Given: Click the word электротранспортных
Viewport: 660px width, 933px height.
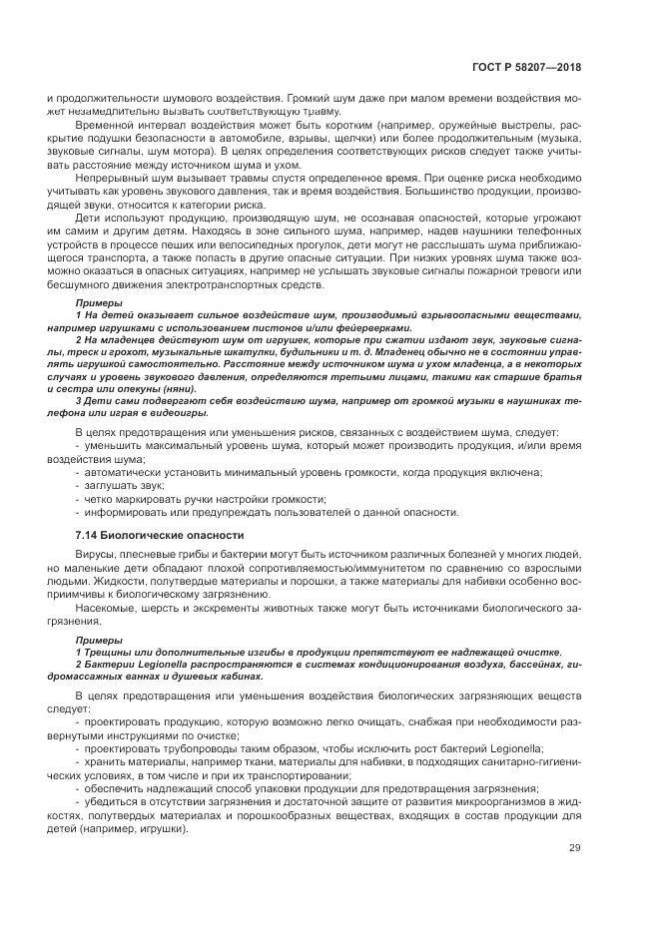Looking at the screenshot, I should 209,284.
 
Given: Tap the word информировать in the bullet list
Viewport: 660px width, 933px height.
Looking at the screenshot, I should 125,511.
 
